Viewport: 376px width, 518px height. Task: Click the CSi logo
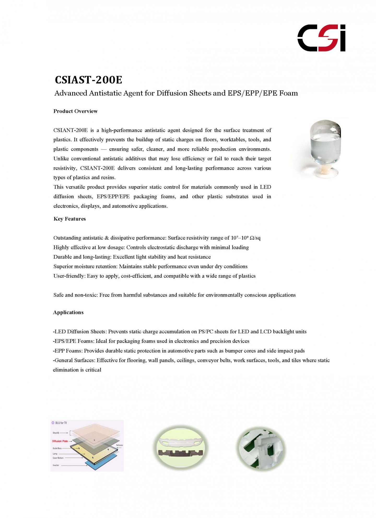321,38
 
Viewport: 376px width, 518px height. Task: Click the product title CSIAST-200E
89,80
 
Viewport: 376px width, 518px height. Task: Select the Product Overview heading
75,111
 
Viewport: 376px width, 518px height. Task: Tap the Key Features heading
70,219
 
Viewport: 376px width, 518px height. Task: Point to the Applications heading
68,313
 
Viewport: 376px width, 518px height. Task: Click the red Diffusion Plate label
60,441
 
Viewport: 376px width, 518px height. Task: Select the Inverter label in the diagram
56,465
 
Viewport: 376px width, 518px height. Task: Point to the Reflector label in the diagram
119,445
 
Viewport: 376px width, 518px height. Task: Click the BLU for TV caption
61,423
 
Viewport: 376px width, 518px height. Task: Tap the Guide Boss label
57,448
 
